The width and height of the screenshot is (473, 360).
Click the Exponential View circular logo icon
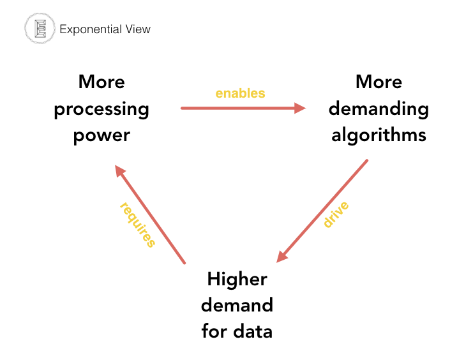click(x=38, y=29)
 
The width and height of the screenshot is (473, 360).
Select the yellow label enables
click(x=240, y=93)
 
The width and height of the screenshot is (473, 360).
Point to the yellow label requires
click(x=138, y=224)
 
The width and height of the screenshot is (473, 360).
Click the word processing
click(x=101, y=109)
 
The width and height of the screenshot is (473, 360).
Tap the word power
click(x=101, y=135)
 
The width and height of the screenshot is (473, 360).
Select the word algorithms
click(x=379, y=135)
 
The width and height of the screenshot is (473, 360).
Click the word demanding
click(x=379, y=109)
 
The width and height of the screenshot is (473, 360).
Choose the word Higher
click(x=237, y=279)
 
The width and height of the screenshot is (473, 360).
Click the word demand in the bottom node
click(x=237, y=305)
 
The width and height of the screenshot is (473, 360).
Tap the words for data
click(x=237, y=331)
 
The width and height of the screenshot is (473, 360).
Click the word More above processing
click(x=101, y=82)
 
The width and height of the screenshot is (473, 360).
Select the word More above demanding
click(x=379, y=82)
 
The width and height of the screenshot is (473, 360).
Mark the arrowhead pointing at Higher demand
click(x=282, y=255)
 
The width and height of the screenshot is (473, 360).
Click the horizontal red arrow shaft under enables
click(x=236, y=108)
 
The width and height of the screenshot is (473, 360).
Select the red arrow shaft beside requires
click(x=153, y=217)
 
